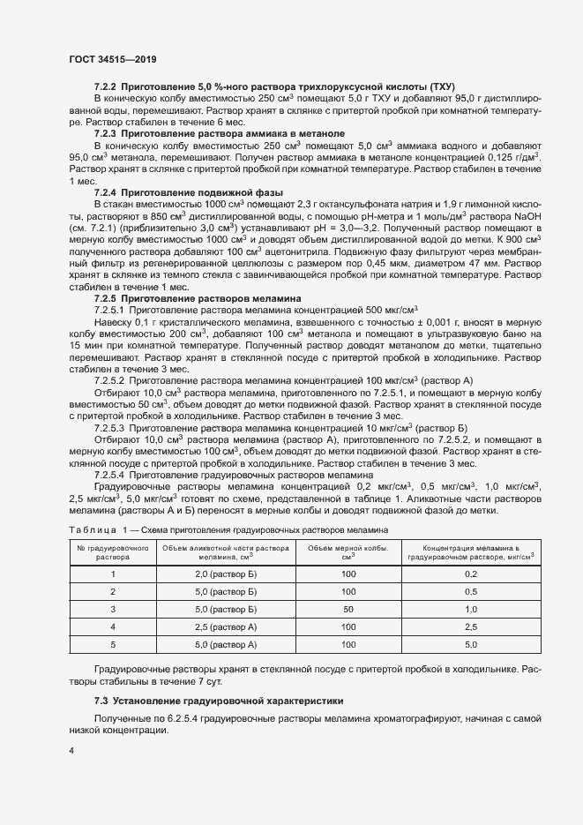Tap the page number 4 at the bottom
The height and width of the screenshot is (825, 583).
[71, 750]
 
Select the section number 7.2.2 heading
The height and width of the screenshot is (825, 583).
[105, 86]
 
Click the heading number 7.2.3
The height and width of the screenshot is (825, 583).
[105, 132]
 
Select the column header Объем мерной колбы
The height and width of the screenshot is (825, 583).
[348, 551]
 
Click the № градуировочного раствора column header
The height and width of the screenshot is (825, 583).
[113, 551]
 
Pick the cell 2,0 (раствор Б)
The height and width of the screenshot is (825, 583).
[225, 574]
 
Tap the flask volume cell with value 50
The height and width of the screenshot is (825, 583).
[348, 609]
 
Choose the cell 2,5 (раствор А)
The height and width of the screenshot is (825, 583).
[225, 626]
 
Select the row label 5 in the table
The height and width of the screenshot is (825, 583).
[113, 644]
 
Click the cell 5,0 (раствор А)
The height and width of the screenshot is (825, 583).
[225, 644]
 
